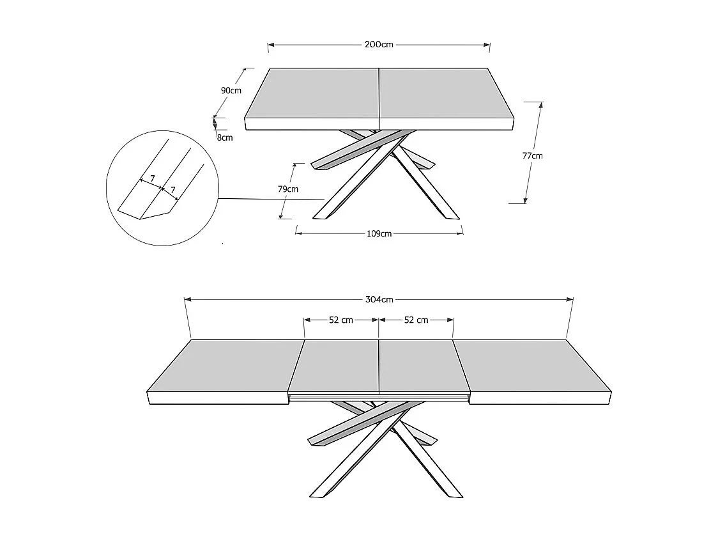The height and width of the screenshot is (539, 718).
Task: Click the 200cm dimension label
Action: pyautogui.click(x=379, y=45)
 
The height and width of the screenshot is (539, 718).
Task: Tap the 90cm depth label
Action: pyautogui.click(x=231, y=90)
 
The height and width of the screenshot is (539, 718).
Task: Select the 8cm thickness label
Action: pyautogui.click(x=225, y=137)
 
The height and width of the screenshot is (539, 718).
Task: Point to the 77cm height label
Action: pyautogui.click(x=532, y=155)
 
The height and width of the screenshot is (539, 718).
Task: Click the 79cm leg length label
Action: pyautogui.click(x=288, y=189)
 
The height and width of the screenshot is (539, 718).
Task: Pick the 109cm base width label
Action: pyautogui.click(x=379, y=233)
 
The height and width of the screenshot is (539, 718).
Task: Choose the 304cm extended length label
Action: pyautogui.click(x=379, y=299)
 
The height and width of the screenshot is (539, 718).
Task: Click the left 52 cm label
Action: pyautogui.click(x=341, y=320)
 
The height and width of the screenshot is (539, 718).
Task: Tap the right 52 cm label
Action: pyautogui.click(x=416, y=320)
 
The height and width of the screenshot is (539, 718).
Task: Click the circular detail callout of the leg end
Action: pyautogui.click(x=163, y=190)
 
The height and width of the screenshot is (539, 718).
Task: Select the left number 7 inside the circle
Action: pyautogui.click(x=152, y=178)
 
